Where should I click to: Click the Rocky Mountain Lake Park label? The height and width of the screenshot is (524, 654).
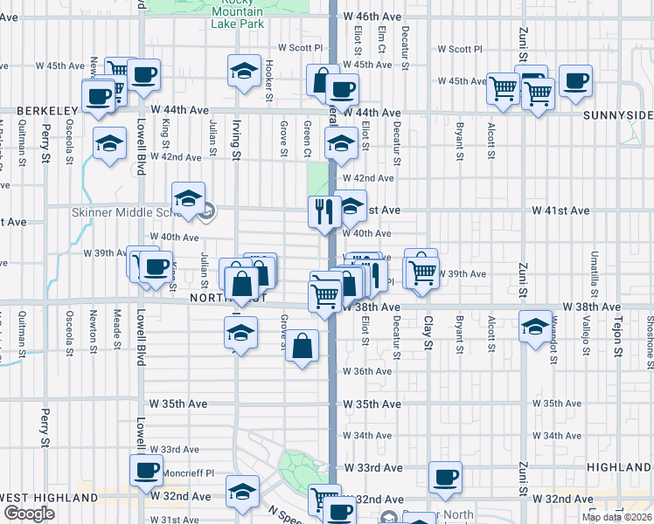[237, 14]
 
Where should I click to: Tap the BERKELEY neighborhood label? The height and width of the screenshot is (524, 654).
[38, 111]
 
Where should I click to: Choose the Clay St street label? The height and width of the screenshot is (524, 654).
[428, 333]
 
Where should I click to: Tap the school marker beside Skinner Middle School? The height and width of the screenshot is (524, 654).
[188, 198]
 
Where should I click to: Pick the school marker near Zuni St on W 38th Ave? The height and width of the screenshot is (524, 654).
[534, 327]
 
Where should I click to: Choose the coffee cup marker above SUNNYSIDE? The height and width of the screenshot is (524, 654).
[575, 81]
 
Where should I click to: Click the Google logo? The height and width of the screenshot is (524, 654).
[29, 514]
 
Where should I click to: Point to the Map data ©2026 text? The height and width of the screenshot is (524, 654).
[616, 517]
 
